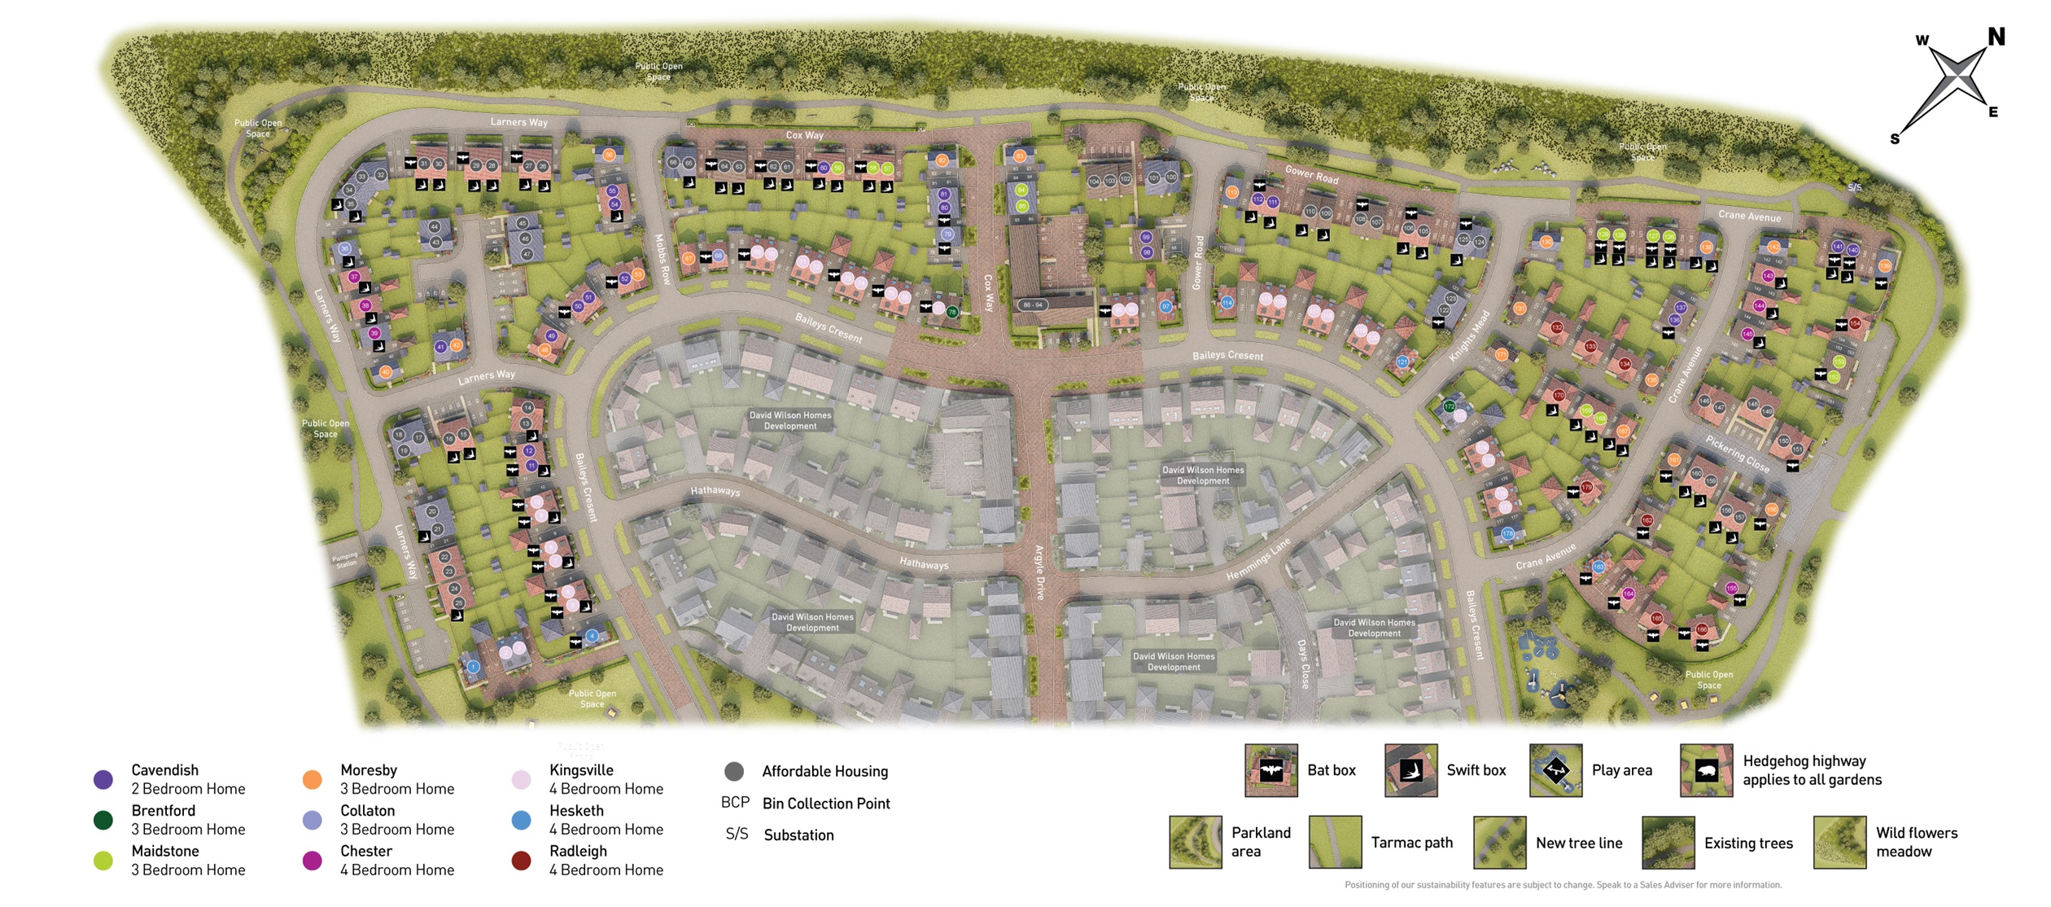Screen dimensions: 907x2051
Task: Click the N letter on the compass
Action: [x=1996, y=37]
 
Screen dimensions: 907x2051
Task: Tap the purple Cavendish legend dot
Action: [x=103, y=780]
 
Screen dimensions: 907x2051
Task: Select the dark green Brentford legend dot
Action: [x=103, y=820]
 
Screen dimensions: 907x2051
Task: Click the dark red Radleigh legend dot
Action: [x=521, y=861]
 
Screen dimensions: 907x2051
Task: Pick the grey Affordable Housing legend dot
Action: [x=734, y=771]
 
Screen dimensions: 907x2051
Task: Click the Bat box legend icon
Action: [x=1270, y=770]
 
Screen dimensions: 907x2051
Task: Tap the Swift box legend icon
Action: [x=1410, y=770]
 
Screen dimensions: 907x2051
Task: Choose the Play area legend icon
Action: [x=1555, y=770]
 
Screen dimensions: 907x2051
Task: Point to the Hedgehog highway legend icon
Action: [x=1706, y=770]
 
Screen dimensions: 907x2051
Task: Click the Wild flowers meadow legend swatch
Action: [x=1839, y=843]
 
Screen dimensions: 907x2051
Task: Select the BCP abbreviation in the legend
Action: [x=735, y=803]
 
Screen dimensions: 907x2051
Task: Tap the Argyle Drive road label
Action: [x=1039, y=572]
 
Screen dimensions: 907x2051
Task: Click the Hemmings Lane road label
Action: [x=1258, y=559]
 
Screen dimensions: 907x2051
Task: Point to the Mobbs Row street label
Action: [x=663, y=259]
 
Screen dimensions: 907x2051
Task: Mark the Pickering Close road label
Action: [x=1737, y=454]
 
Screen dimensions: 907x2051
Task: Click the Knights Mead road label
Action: [x=1469, y=336]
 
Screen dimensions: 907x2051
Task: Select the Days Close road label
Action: [x=1303, y=664]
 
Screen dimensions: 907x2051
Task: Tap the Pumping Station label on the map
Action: [x=345, y=560]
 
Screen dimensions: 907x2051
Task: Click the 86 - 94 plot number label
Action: [x=1032, y=305]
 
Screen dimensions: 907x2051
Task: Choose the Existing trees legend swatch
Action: [x=1668, y=843]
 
